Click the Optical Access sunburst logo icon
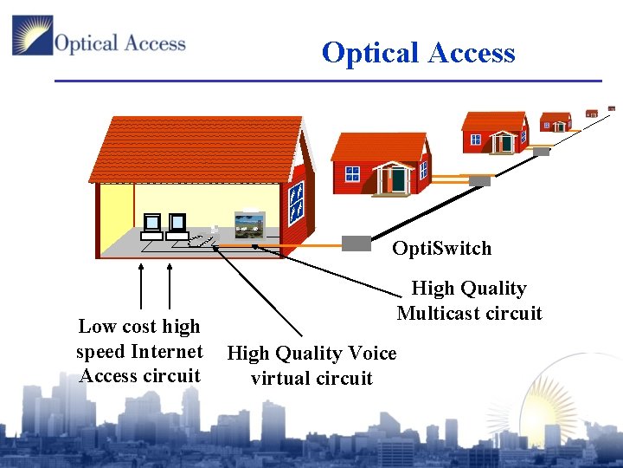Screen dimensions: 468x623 pos(32,36)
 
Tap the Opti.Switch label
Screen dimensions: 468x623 pos(441,249)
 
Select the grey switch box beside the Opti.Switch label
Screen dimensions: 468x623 pos(356,244)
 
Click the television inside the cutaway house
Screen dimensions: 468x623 pos(250,224)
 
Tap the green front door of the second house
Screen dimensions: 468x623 pos(397,179)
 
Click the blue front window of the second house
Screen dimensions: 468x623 pos(352,173)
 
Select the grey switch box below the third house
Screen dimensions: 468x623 pos(541,151)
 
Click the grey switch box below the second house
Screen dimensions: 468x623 pos(479,181)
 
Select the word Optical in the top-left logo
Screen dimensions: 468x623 pos(83,42)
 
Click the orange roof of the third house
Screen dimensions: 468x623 pos(493,120)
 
